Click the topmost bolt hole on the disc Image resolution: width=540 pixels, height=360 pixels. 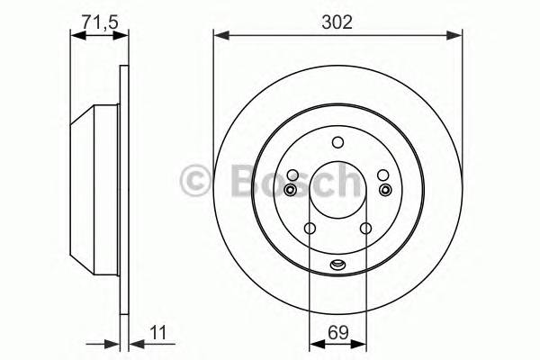(337, 141)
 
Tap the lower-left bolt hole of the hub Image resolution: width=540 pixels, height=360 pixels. (309, 229)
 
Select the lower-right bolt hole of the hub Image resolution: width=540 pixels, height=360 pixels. (366, 229)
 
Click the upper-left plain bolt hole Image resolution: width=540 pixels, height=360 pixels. (292, 175)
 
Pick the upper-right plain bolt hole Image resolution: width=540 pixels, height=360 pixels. (382, 175)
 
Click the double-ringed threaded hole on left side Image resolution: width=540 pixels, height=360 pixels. (290, 190)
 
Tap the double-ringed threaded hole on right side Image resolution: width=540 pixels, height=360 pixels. (385, 190)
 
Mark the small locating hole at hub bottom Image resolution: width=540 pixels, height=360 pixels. (337, 264)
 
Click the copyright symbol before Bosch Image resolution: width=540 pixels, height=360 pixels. (196, 179)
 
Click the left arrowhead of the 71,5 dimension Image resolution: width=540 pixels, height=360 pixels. (76, 36)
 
